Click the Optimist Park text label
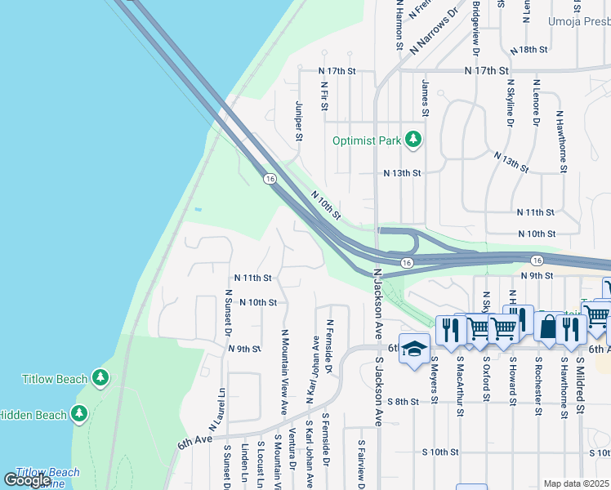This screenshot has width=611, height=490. tap(367, 140)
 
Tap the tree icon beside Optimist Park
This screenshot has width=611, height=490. tap(413, 140)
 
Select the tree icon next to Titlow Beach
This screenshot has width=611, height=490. tap(100, 378)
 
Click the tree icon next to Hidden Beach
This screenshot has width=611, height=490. tap(79, 414)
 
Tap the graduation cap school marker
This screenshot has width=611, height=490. tap(414, 347)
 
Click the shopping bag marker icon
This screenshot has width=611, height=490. tap(547, 327)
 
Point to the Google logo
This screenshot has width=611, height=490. tap(27, 480)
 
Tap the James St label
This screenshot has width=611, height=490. tap(425, 97)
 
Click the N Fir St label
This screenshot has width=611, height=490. tap(324, 96)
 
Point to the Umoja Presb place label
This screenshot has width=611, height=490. tap(578, 22)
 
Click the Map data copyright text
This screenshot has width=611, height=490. tap(577, 483)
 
